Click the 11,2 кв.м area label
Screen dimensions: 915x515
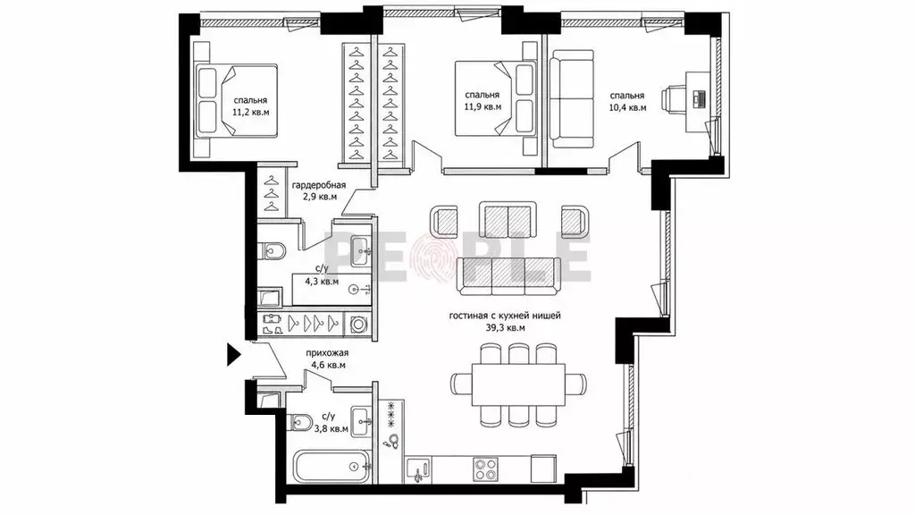251,112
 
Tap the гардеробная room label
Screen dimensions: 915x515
319,185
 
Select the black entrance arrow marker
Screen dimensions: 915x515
234,354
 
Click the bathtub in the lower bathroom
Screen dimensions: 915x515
331,466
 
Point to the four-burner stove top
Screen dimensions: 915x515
485,469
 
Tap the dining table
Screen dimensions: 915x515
519,384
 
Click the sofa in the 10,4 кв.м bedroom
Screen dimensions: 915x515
572,98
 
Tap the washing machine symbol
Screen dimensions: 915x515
356,323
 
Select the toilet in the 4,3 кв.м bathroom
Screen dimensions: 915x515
272,251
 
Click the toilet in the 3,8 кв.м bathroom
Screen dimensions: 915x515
300,421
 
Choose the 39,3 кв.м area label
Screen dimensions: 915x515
506,328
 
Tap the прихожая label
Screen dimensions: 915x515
327,352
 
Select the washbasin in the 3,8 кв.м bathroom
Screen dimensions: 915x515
361,420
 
